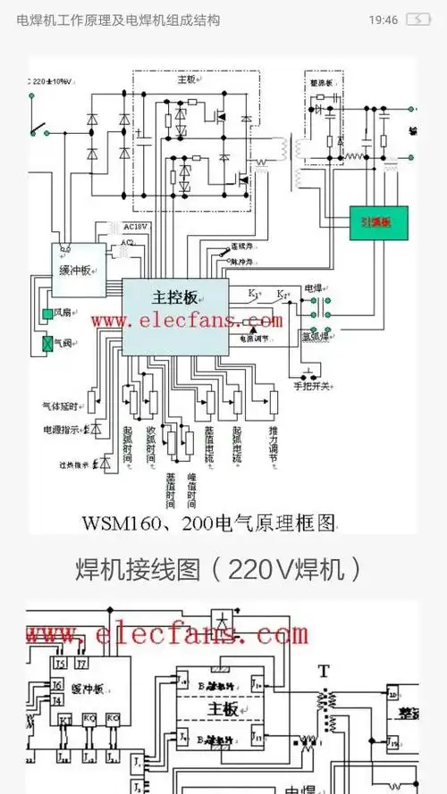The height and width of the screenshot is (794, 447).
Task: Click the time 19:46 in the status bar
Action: click(383, 20)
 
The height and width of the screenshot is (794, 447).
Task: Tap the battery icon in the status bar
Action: click(417, 20)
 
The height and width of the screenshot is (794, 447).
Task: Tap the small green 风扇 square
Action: click(47, 314)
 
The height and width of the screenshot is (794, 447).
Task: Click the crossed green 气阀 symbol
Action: click(47, 343)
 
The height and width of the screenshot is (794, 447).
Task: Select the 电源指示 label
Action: click(61, 430)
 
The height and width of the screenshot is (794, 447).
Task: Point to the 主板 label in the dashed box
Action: click(186, 79)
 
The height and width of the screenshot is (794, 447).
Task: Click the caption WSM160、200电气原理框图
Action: click(209, 522)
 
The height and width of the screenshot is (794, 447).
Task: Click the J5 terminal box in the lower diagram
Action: click(60, 664)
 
